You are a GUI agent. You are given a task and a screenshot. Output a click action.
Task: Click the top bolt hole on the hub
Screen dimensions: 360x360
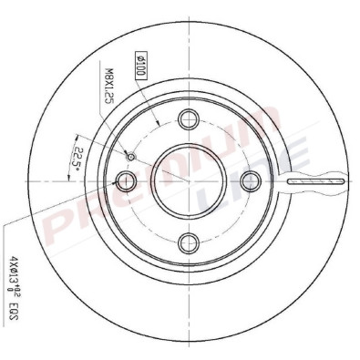point(189,118)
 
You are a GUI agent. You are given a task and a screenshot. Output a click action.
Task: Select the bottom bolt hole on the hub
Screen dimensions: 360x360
point(189,242)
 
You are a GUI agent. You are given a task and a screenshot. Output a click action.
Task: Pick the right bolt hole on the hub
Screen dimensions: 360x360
point(251,180)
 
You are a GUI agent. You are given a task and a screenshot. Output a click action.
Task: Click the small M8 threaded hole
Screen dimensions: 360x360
point(130,157)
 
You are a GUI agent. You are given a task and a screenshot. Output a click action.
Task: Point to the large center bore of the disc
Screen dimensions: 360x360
point(188,180)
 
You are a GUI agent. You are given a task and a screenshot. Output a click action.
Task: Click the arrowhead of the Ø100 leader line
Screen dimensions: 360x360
point(160,122)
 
